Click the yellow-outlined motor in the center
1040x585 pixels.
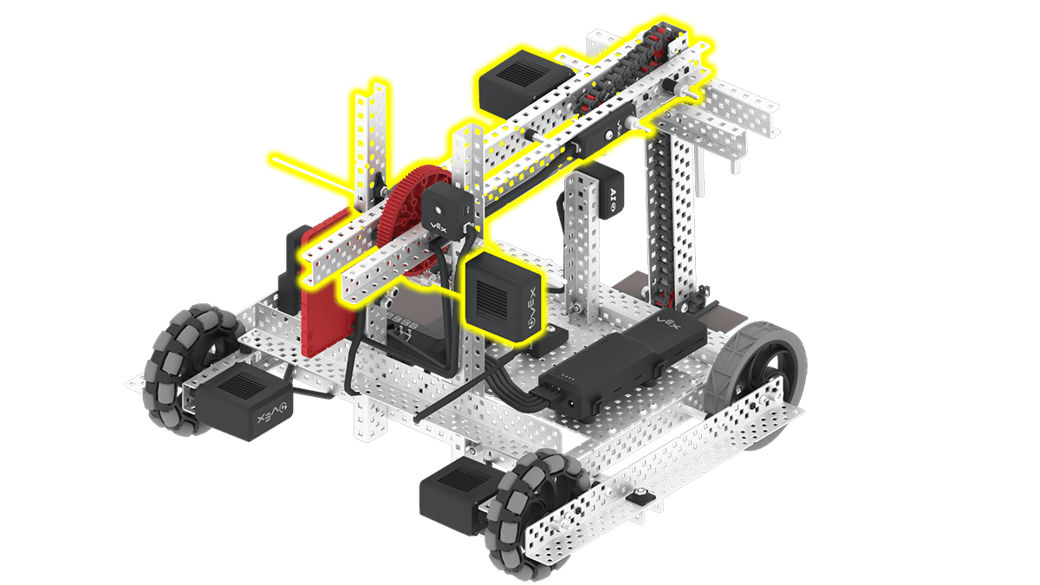[x=504, y=294]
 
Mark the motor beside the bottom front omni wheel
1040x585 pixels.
[x=454, y=497]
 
